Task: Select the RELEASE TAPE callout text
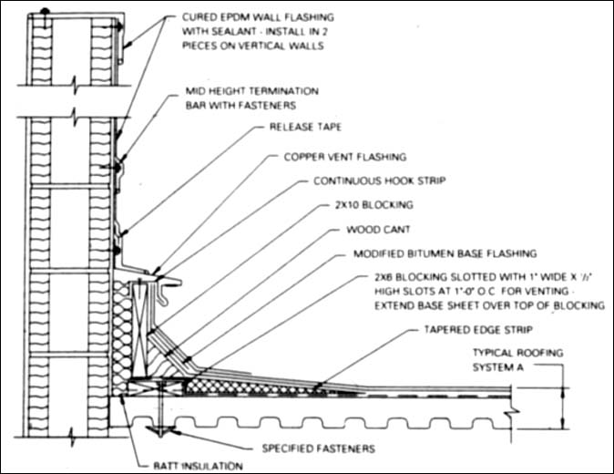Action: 300,129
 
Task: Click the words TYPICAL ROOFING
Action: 517,353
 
